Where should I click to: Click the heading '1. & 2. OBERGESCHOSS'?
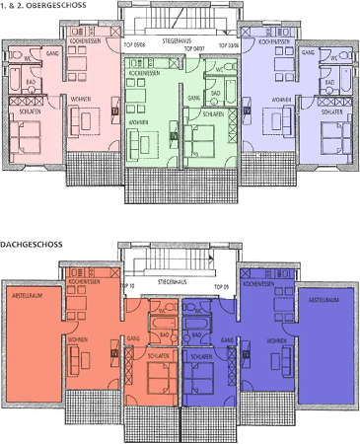[44, 6]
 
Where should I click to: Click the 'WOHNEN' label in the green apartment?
[139, 121]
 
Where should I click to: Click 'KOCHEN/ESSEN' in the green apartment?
[144, 73]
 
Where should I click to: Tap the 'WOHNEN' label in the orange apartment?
[77, 338]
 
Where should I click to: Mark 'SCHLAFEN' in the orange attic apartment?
[153, 355]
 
